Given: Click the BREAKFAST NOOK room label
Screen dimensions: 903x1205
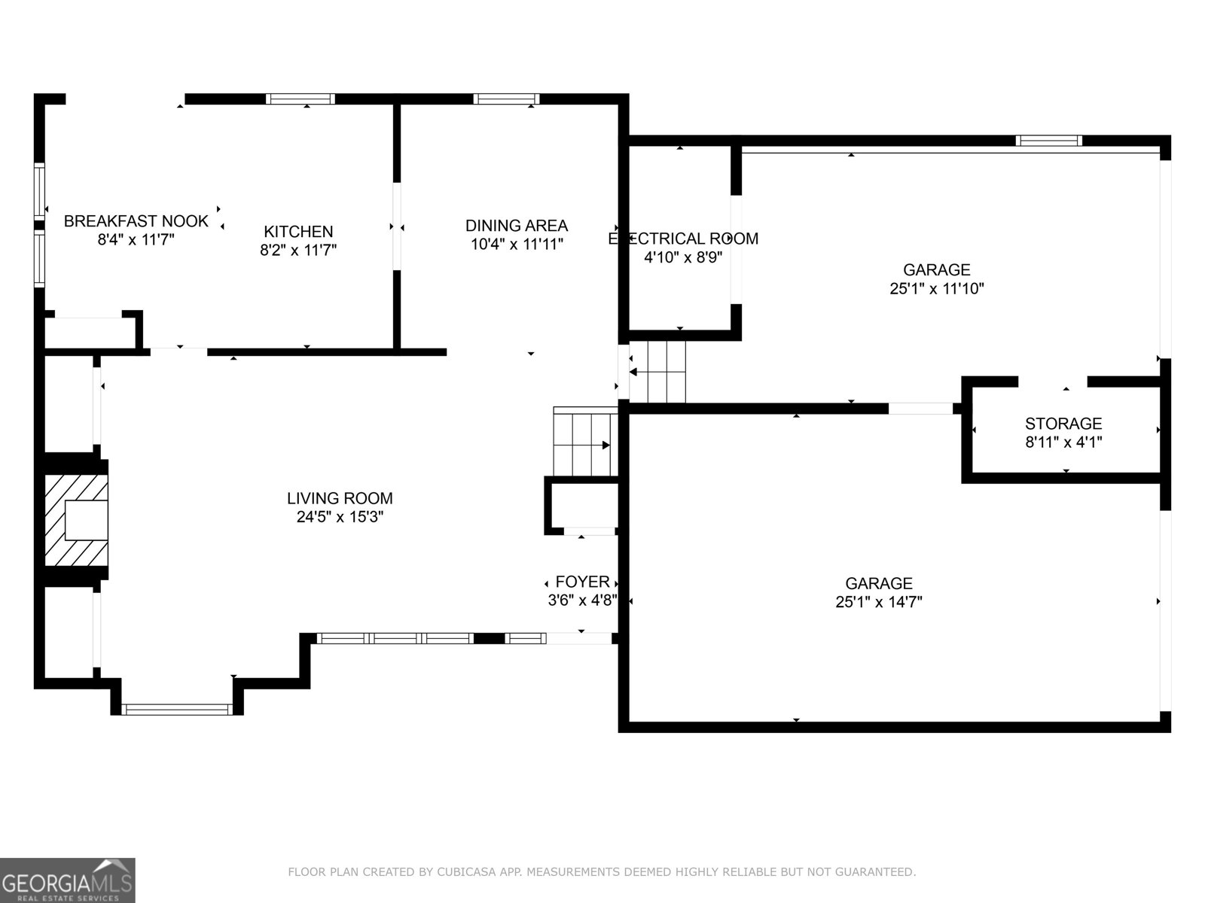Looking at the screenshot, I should tap(136, 221).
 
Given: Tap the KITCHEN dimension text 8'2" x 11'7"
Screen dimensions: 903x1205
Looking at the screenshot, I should tap(298, 250).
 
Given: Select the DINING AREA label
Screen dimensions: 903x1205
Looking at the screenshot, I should tap(516, 225).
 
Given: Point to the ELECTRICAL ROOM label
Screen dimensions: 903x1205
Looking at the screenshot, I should tap(683, 239).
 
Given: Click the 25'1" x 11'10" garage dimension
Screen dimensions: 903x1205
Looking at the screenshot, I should tap(937, 288).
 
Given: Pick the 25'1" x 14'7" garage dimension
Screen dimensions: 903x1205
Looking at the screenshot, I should tap(879, 602).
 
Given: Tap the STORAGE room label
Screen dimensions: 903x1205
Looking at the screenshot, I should tap(1063, 424).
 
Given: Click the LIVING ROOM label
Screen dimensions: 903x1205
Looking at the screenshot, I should tap(340, 498).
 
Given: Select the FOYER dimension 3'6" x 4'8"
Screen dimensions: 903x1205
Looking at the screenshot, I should tap(582, 600).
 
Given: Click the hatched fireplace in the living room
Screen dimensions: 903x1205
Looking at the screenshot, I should tap(76, 519).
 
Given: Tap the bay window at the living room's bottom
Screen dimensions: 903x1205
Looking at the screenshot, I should tap(177, 709).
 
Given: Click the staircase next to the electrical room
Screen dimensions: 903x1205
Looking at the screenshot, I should tap(657, 372).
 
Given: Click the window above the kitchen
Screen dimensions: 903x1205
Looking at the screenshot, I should tap(300, 99).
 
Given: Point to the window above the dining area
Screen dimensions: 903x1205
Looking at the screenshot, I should tap(506, 99).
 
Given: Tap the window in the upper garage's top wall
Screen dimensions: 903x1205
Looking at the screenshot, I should tap(1048, 141).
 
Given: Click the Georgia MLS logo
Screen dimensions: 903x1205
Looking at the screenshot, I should tap(68, 880).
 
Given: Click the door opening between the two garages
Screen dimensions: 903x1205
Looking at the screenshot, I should tap(920, 409).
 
